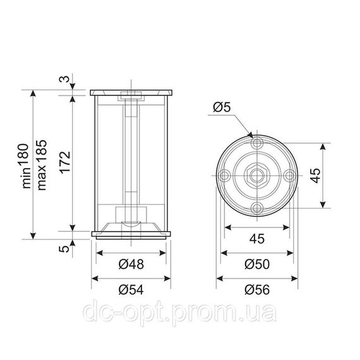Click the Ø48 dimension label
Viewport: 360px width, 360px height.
click(131, 264)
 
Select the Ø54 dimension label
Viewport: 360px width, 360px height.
click(131, 289)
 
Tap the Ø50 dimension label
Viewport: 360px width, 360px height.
click(257, 264)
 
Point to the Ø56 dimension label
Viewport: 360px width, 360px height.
click(257, 289)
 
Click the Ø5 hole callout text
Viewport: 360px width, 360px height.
click(222, 107)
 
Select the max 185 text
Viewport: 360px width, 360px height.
click(42, 165)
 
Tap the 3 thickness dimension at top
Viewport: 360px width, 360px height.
click(64, 79)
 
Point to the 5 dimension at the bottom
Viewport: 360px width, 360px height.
click(64, 249)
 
